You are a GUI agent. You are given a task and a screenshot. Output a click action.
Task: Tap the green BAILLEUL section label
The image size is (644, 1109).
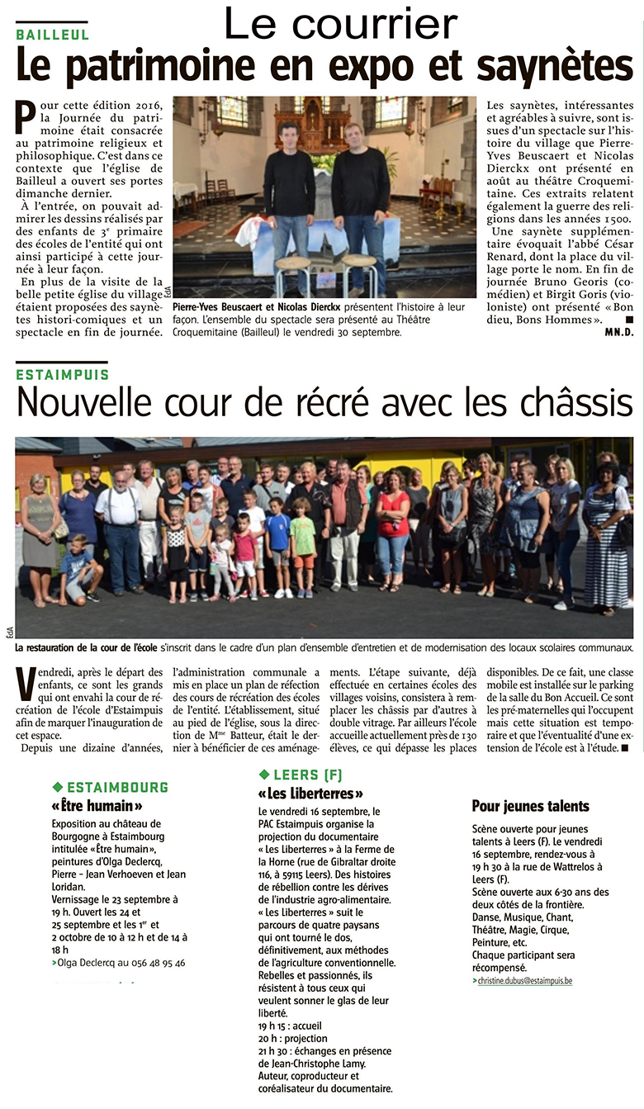tap(52, 35)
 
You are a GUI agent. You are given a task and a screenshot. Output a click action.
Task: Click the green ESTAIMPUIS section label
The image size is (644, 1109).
tap(61, 374)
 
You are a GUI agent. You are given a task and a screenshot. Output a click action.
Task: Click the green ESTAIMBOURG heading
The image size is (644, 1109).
tap(116, 786)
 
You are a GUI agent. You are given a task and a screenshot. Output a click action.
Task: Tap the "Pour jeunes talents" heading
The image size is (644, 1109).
tap(530, 805)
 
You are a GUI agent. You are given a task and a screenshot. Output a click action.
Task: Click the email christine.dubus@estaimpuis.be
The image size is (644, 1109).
tap(524, 980)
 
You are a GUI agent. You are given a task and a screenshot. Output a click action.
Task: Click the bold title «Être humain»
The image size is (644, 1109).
tap(97, 805)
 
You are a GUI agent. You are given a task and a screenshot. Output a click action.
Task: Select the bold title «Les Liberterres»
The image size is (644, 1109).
tap(310, 794)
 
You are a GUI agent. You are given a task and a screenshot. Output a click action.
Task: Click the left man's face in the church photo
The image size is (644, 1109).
tap(287, 134)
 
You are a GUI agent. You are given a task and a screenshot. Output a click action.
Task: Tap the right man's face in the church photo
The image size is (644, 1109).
tap(353, 134)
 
